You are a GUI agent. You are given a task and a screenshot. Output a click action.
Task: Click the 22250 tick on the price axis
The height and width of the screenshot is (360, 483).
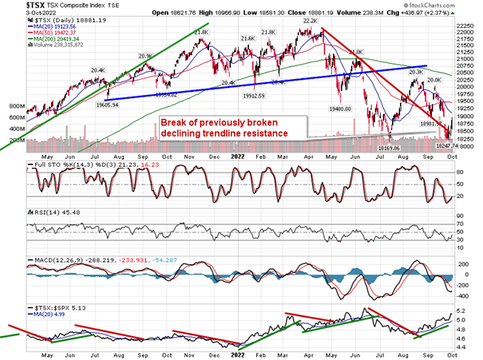click(466, 26)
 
